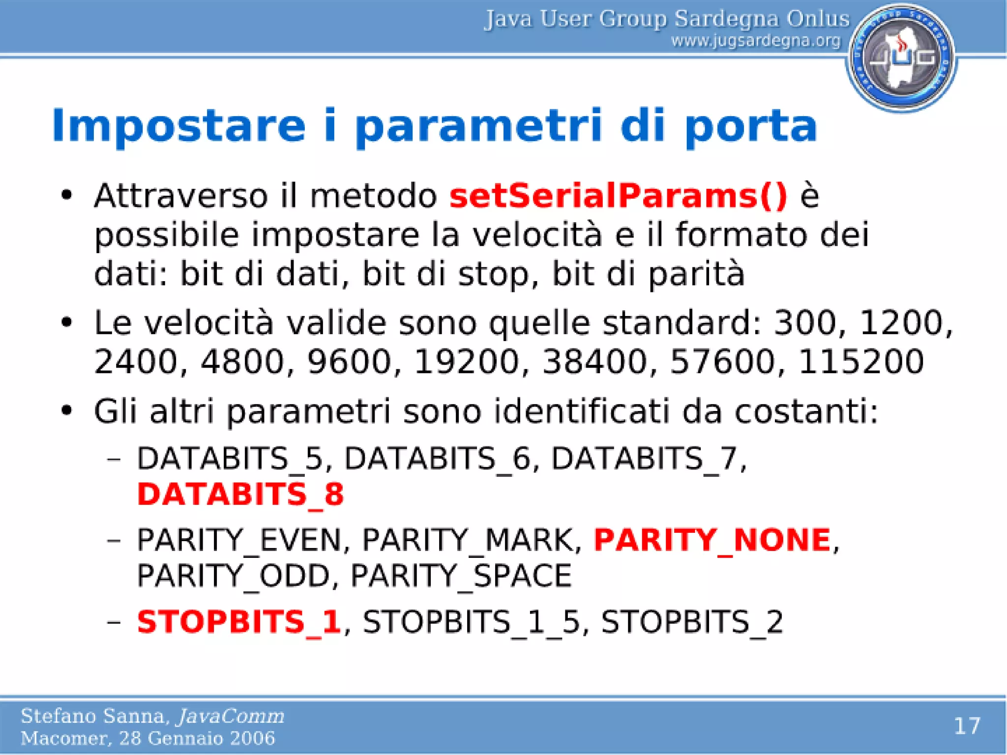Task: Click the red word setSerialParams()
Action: tap(618, 196)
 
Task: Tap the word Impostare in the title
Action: tap(178, 126)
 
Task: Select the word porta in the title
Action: tap(751, 126)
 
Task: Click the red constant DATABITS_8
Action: tap(240, 494)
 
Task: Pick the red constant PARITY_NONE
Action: tap(712, 540)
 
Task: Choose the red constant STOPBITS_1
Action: tap(238, 621)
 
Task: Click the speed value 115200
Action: tap(860, 362)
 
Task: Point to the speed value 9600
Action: tap(349, 362)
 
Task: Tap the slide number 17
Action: tap(967, 726)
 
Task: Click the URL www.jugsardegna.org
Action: tap(756, 41)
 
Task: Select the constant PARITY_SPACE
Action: tap(461, 576)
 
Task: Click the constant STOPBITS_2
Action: tap(691, 622)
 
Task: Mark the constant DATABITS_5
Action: tap(230, 459)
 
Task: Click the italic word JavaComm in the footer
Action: tap(231, 716)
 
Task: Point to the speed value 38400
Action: tap(594, 362)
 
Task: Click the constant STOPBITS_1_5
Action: tap(472, 622)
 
